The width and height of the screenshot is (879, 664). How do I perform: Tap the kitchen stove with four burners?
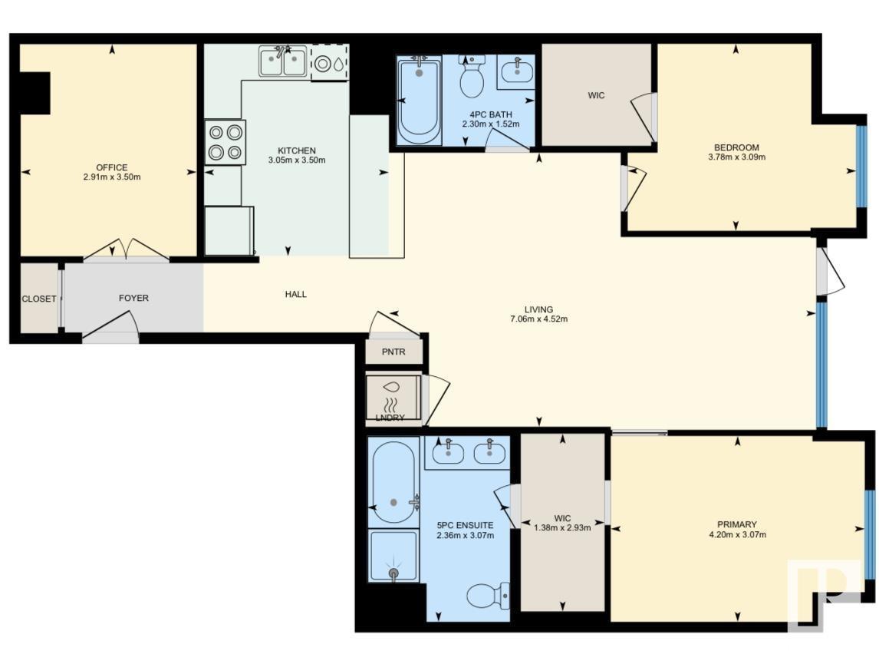coord(226,142)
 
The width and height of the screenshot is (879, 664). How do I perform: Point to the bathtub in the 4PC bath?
coord(420,101)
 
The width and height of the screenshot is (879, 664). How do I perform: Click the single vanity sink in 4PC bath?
coord(515,73)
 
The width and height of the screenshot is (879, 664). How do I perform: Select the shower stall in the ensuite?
coord(393,556)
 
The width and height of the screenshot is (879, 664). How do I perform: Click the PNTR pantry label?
coord(393,352)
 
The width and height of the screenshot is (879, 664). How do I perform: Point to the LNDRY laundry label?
coord(390,418)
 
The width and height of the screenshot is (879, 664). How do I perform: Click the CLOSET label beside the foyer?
coord(38,299)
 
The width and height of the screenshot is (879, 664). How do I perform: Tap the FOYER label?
coord(133,298)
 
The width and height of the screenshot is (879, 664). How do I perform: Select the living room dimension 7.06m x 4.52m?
coord(540,319)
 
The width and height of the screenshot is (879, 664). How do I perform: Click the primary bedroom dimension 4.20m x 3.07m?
coord(738,535)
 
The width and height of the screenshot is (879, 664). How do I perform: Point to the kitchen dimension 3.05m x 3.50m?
coord(297,160)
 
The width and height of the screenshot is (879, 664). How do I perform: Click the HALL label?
coord(296,294)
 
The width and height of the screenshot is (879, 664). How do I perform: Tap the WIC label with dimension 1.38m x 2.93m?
coord(562,527)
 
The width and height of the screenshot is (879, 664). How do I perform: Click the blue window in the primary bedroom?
coord(868,534)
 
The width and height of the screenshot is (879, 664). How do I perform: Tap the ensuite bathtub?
coord(393,482)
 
